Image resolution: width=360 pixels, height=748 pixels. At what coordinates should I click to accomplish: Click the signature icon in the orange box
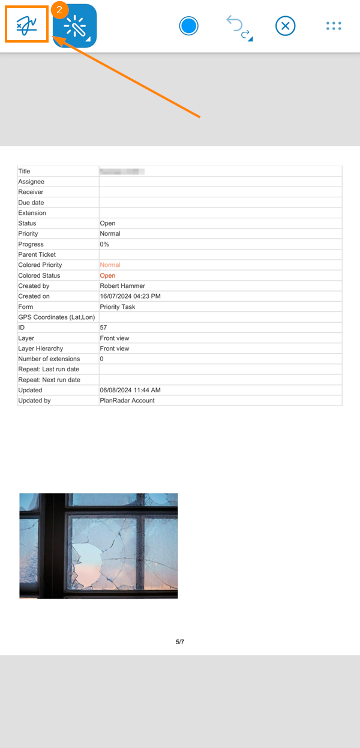[x=26, y=26]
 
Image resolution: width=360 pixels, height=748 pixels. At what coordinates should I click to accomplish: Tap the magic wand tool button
[x=75, y=26]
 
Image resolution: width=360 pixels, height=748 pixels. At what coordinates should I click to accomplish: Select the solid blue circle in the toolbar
[x=188, y=26]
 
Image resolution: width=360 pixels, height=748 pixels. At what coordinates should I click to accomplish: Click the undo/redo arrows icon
[x=238, y=28]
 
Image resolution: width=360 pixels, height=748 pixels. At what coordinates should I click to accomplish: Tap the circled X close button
[x=286, y=26]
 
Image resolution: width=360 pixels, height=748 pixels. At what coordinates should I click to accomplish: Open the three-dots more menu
[x=333, y=26]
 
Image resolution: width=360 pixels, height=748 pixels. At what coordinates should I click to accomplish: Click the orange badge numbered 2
[x=59, y=10]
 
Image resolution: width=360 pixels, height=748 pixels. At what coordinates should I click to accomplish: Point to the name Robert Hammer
[x=122, y=286]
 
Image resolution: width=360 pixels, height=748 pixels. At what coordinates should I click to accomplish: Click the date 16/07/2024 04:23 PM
[x=130, y=296]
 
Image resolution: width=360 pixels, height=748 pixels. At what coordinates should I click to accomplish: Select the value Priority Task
[x=118, y=307]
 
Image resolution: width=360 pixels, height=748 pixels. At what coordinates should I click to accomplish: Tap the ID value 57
[x=103, y=328]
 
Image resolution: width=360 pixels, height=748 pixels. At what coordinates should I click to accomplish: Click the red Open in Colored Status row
[x=107, y=275]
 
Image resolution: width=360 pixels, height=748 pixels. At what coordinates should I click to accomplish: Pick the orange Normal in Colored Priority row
[x=110, y=265]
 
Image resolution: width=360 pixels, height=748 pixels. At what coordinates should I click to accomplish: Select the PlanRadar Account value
[x=127, y=400]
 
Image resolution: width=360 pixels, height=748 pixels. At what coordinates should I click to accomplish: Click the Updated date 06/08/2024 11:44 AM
[x=130, y=390]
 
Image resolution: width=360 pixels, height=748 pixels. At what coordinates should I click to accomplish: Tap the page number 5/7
[x=180, y=642]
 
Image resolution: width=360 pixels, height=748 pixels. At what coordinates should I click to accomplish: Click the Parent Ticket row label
[x=37, y=254]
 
